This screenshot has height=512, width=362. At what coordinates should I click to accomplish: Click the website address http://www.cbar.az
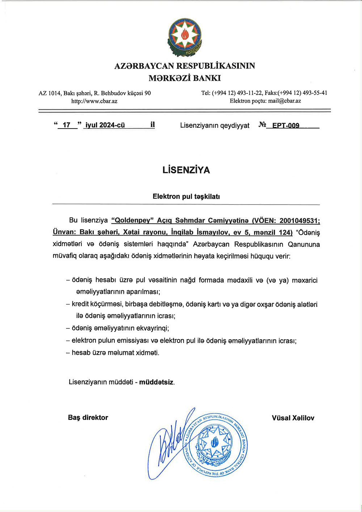(x=94, y=101)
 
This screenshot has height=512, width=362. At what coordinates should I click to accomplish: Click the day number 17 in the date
(x=66, y=125)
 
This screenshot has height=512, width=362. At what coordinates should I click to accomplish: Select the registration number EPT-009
(x=286, y=126)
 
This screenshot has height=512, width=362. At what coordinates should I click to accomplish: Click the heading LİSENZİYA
(x=186, y=170)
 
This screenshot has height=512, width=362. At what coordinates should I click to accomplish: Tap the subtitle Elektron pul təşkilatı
(x=186, y=197)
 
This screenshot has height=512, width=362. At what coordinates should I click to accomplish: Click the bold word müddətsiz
(x=156, y=382)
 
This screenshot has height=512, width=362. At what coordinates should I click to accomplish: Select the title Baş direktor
(x=88, y=417)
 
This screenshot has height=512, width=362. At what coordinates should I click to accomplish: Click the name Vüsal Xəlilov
(x=293, y=418)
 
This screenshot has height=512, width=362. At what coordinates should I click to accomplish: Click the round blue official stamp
(x=216, y=443)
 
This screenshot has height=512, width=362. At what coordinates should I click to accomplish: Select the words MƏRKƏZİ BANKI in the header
(x=184, y=78)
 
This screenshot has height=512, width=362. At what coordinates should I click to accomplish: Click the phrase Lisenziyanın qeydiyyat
(x=215, y=126)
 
